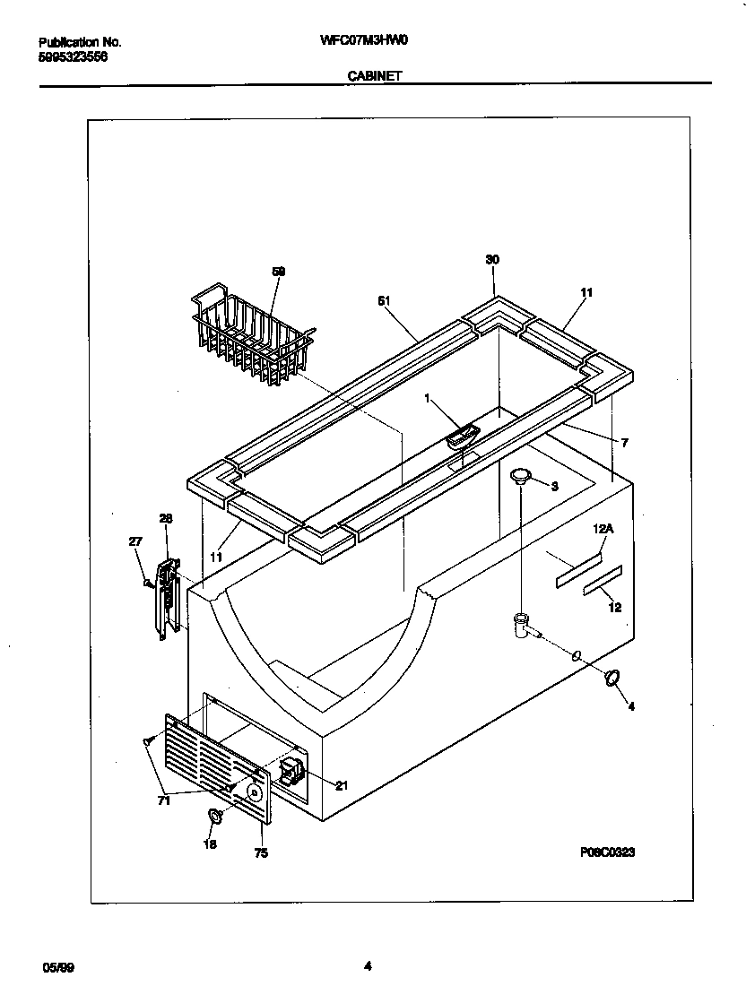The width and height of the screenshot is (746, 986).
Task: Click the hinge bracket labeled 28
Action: [x=168, y=594]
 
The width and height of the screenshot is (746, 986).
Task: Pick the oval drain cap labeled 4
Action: [x=612, y=679]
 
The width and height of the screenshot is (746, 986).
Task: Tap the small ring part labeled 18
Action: [x=215, y=816]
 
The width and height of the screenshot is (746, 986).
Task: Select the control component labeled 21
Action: [x=291, y=772]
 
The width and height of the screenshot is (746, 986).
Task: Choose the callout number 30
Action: [x=492, y=259]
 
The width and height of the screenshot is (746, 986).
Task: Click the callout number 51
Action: [x=384, y=302]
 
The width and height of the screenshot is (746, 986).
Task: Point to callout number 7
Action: [x=624, y=443]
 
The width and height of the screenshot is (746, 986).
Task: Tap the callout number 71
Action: [x=163, y=801]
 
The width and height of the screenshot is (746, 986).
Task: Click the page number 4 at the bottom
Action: [x=368, y=965]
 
